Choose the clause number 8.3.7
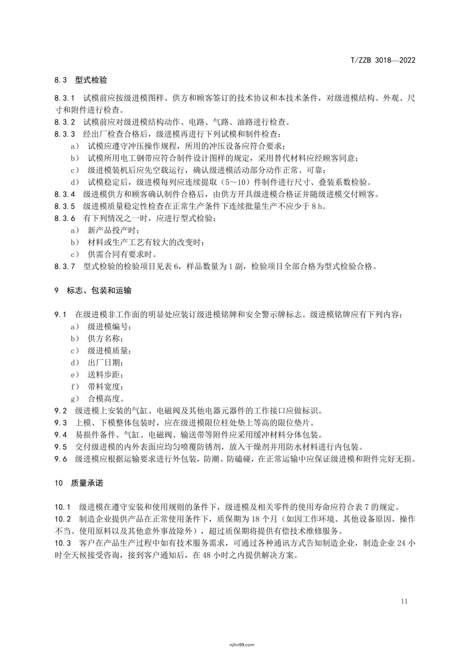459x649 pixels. [x=65, y=267]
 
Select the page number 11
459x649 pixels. [x=404, y=601]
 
